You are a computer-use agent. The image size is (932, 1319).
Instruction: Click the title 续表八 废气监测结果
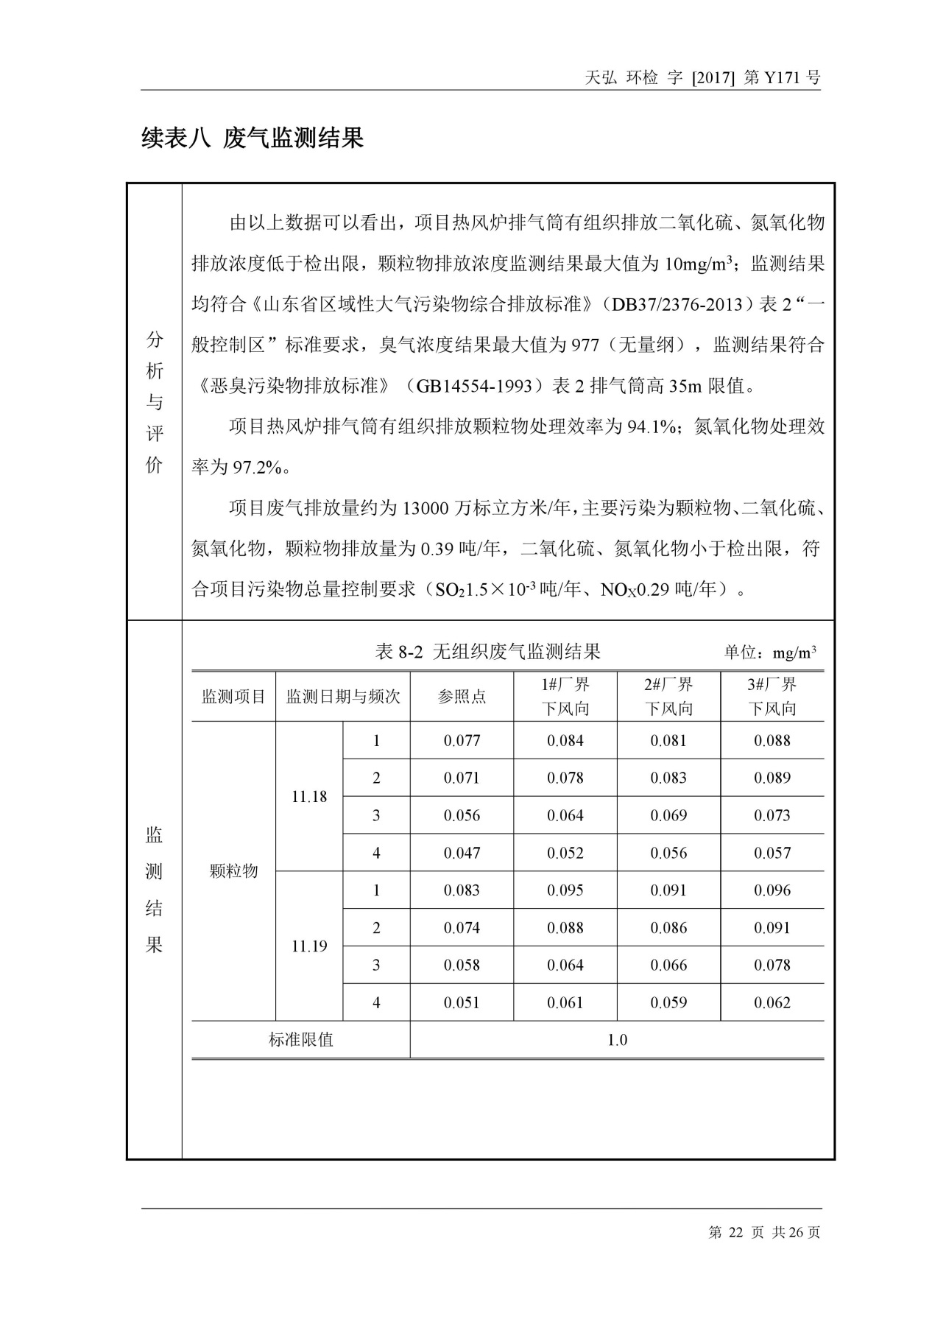(253, 138)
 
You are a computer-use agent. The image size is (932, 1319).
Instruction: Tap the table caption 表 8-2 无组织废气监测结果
(488, 651)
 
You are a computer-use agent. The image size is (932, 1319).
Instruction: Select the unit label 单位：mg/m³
(769, 653)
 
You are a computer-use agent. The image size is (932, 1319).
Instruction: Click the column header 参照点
(462, 697)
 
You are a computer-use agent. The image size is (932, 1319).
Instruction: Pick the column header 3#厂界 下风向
(772, 697)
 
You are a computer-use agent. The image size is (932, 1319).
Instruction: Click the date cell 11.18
(309, 797)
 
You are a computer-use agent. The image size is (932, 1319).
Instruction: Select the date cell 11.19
(309, 946)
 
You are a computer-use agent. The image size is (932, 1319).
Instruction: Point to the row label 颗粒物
(233, 871)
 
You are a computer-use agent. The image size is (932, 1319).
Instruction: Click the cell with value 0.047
(462, 853)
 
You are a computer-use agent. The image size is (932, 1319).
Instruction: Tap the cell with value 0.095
(565, 890)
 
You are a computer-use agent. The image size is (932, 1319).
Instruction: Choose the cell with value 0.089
(772, 778)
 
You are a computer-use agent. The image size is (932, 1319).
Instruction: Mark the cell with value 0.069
(668, 815)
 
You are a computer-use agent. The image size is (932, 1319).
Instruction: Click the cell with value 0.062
(772, 1002)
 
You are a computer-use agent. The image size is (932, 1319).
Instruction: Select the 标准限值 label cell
(300, 1040)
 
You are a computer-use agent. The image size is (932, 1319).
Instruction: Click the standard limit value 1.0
(617, 1040)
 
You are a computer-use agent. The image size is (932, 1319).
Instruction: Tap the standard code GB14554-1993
(478, 385)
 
